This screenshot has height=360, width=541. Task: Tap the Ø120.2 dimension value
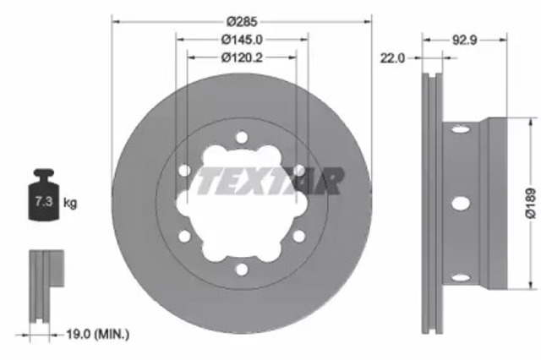241,57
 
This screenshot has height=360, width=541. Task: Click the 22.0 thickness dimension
394,57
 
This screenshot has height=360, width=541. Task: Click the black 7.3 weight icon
43,198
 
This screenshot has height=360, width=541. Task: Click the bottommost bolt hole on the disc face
241,270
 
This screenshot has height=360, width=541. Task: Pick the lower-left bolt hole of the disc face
184,237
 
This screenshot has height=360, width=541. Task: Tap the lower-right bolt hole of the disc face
298,237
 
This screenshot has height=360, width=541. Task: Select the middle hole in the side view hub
460,204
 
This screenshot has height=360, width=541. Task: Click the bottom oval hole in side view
460,276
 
